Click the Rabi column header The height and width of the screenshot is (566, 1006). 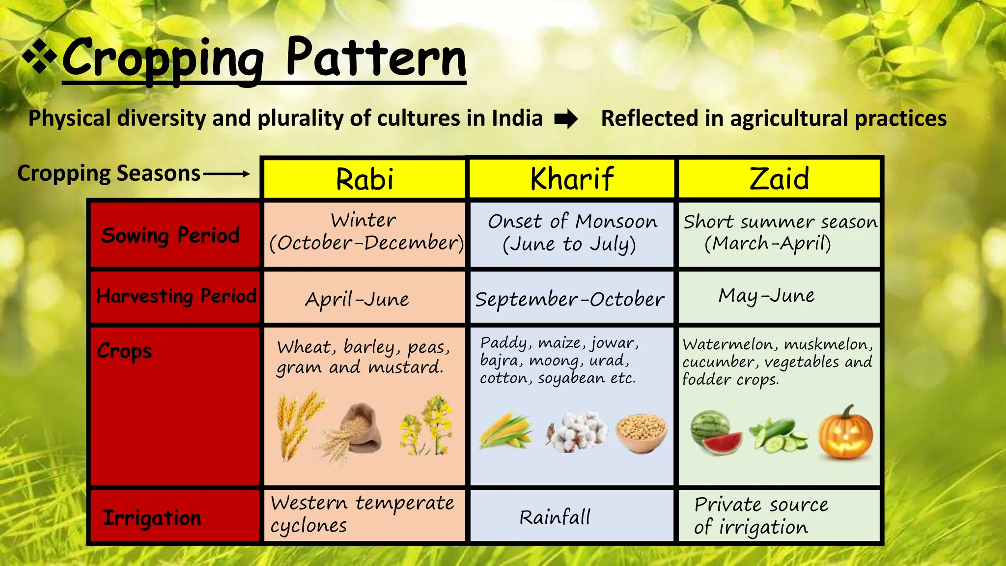(364, 178)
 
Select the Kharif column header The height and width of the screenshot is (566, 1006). (572, 178)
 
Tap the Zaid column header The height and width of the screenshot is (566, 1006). (779, 178)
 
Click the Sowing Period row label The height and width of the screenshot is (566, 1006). (170, 235)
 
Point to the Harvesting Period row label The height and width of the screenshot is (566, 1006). (176, 296)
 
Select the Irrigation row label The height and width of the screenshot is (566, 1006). (152, 518)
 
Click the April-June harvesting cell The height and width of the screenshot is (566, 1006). (357, 299)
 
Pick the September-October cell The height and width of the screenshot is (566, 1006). (570, 299)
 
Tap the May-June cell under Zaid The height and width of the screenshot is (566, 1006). (766, 295)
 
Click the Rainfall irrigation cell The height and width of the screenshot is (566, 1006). (555, 517)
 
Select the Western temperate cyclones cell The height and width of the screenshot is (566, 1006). (363, 514)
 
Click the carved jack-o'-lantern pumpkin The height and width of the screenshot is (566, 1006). (845, 433)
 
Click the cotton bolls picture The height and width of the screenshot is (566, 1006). (577, 431)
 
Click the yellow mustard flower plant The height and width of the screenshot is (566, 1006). (426, 425)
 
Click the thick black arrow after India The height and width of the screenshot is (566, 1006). (566, 119)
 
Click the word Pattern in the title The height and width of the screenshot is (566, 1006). (376, 58)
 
